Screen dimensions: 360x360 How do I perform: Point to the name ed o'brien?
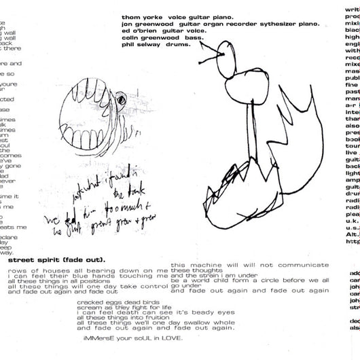point(141,30)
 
